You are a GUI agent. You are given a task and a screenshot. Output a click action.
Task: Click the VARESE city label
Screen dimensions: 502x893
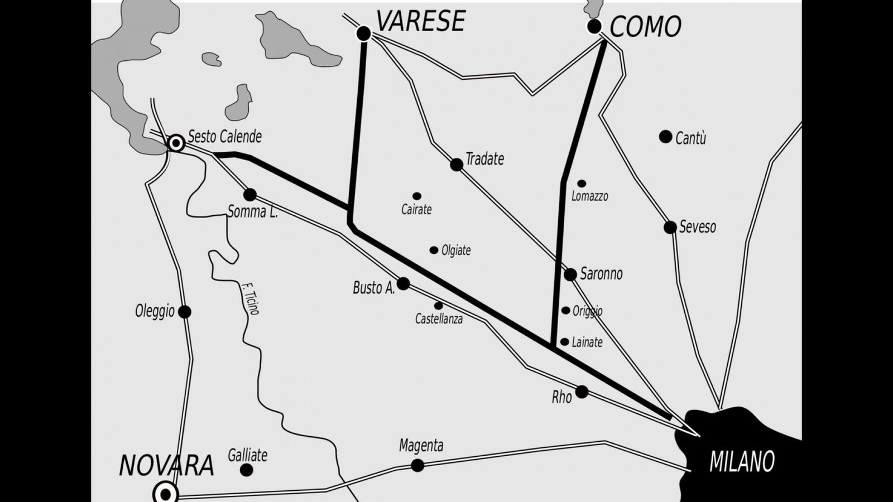tap(420, 21)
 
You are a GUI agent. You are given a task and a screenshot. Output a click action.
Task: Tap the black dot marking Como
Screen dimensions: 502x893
tap(594, 26)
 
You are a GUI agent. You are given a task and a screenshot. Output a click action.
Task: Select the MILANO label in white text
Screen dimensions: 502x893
tap(742, 462)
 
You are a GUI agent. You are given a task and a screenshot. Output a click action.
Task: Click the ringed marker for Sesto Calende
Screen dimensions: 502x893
tap(176, 143)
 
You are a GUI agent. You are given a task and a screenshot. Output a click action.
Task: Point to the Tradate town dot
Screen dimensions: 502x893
tap(457, 165)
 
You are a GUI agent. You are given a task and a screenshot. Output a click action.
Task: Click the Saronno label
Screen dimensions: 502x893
tap(601, 274)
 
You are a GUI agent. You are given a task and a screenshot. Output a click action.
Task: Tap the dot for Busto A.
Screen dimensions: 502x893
tap(403, 284)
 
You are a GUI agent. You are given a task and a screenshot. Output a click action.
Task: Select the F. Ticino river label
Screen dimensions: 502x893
tap(250, 298)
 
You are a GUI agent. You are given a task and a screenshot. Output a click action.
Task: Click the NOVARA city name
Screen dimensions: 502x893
tap(166, 465)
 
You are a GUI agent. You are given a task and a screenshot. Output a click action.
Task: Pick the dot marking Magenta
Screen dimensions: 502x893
tap(417, 465)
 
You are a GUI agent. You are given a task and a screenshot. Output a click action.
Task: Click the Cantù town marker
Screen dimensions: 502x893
tap(665, 137)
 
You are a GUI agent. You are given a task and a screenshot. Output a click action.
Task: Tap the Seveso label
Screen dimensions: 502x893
tap(697, 227)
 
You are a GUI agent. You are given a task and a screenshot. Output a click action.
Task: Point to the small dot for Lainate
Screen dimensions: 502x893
tap(565, 342)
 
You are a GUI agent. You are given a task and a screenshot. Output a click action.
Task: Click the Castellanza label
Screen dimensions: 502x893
tap(439, 320)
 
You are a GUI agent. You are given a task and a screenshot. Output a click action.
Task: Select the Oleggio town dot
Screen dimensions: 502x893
tap(185, 312)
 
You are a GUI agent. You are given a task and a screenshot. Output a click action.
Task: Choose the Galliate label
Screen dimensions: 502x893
tap(247, 455)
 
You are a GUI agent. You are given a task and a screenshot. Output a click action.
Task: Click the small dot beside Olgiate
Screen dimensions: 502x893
tap(434, 250)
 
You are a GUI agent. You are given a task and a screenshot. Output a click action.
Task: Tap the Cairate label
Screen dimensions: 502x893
tap(416, 210)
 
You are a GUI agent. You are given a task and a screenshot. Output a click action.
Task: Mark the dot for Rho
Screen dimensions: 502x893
tap(582, 392)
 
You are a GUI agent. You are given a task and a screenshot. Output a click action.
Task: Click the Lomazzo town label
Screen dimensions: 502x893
tap(589, 196)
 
